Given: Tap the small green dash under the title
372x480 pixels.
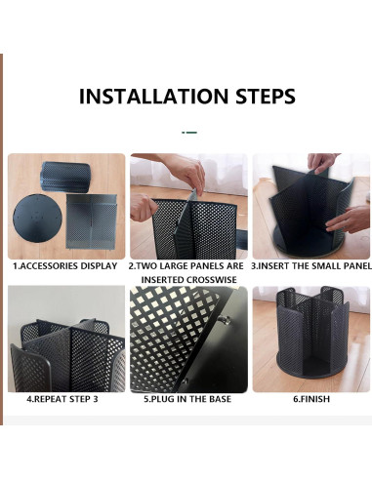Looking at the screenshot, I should point(189,131).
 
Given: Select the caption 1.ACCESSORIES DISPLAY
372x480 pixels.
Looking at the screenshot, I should point(65,265).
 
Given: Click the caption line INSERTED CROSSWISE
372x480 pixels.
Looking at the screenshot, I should point(187,279).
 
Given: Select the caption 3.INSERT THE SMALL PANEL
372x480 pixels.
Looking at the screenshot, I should point(310,265).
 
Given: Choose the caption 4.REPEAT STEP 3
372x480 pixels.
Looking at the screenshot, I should point(65,399).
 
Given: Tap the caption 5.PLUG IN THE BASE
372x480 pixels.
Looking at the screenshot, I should point(187,399).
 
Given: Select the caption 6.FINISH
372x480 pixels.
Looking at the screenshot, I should point(310,399).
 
